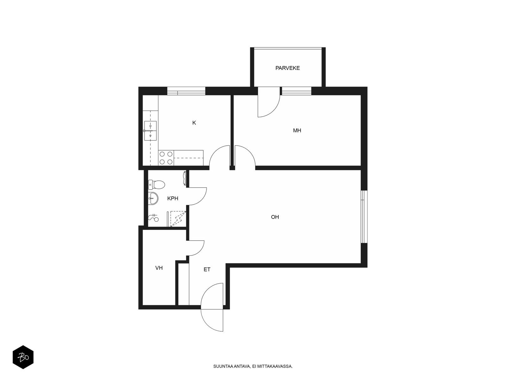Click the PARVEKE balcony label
pos(287,68)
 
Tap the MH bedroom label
pos(297,130)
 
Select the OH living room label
pos(275,217)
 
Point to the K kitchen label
pos(194,123)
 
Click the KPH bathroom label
pos(173,198)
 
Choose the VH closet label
pos(159,268)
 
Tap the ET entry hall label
pos(207,269)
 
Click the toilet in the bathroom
pos(156,184)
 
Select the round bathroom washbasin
pos(153,198)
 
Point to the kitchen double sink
pos(150,130)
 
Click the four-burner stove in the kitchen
pos(166,158)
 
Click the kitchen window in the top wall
pos(186,91)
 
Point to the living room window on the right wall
pos(364,217)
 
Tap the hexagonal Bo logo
pos(23,357)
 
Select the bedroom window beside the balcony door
pos(297,91)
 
